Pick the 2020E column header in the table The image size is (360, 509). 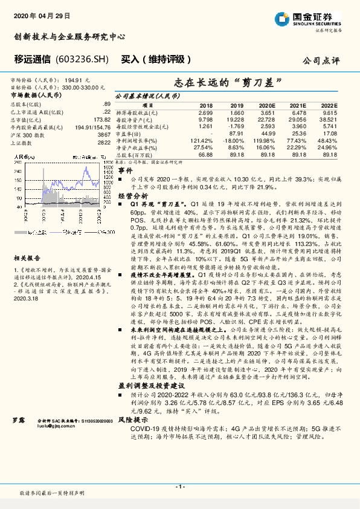266,106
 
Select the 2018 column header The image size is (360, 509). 206,106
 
